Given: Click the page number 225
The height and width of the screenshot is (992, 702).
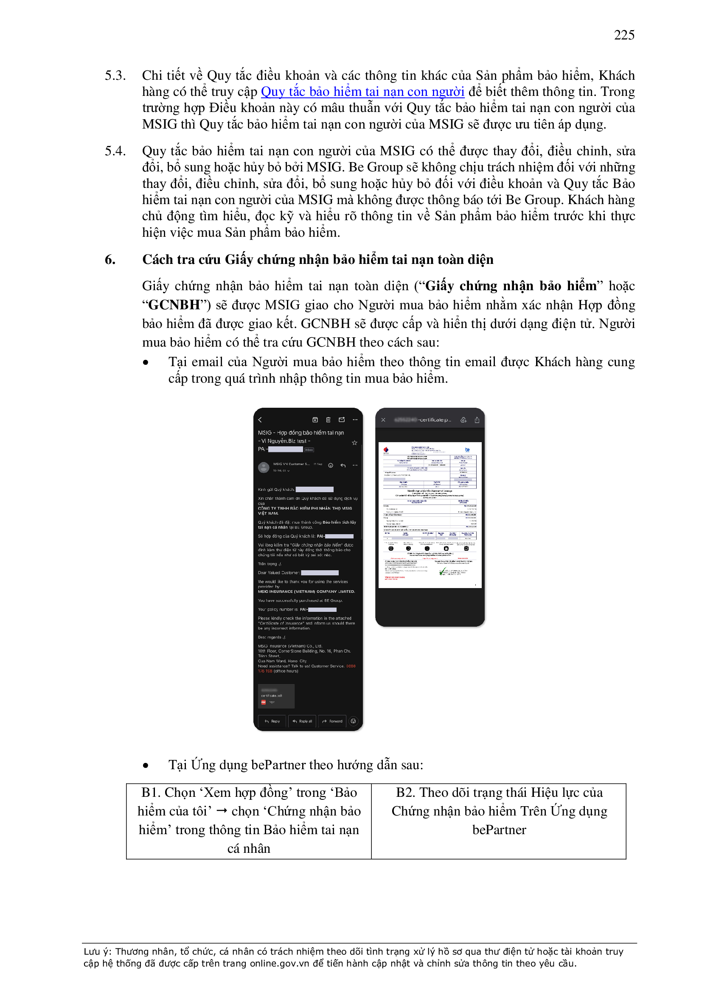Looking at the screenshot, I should (x=624, y=35).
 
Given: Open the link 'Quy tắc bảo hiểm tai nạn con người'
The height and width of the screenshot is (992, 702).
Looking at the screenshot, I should (x=362, y=92).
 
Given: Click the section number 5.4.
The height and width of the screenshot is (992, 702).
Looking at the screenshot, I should (x=115, y=151).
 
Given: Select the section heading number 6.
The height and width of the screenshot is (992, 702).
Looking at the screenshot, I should (x=110, y=259).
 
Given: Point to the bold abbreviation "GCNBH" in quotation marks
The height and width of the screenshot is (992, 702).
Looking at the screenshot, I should (x=174, y=305).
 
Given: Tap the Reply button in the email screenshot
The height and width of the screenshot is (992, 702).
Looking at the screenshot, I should (x=272, y=721).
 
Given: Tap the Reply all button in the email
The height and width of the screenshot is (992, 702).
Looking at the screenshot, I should (x=302, y=721).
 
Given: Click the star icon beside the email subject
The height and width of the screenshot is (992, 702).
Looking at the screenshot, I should (x=354, y=443).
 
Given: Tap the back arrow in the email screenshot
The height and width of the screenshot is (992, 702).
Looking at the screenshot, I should (x=260, y=420).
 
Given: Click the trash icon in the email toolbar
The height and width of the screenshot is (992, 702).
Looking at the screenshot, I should (x=328, y=420).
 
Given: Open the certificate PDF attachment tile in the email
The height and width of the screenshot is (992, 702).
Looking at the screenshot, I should (x=276, y=696).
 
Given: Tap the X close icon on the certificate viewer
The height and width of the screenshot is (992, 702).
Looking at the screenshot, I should (x=383, y=420).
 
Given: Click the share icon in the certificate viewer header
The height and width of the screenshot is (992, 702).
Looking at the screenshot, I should (x=477, y=420).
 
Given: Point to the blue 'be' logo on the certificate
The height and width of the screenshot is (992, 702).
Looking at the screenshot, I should (x=467, y=450).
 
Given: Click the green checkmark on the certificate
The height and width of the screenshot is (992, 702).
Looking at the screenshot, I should (x=442, y=572).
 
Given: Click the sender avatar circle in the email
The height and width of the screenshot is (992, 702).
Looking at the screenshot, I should (x=263, y=467).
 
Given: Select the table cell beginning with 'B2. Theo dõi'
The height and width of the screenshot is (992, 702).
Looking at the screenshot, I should (x=499, y=821).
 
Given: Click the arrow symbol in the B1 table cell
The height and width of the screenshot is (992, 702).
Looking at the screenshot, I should (x=222, y=811).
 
